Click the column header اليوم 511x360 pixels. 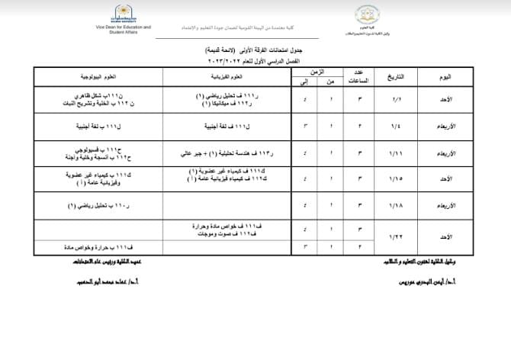pos(451,77)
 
